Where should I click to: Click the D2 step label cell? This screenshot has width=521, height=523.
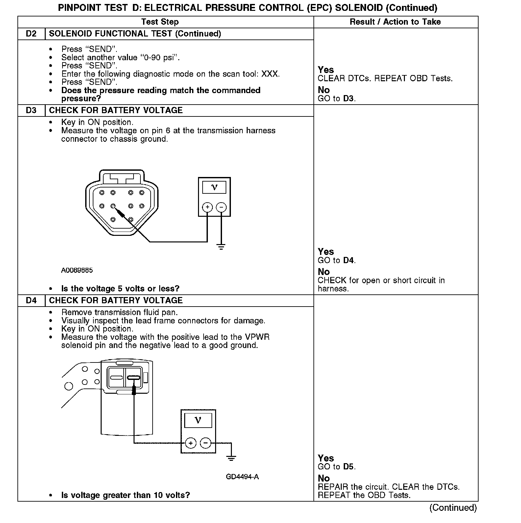point(31,34)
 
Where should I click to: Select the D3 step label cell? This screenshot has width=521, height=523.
point(31,110)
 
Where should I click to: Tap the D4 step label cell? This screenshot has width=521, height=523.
point(31,300)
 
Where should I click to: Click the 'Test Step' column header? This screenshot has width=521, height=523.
point(160,22)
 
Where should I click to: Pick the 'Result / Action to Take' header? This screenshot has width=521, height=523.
point(395,22)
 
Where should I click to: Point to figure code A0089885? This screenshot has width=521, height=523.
point(77,270)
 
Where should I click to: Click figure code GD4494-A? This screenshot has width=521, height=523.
point(242,477)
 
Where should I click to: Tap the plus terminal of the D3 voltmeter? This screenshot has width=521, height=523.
point(207,207)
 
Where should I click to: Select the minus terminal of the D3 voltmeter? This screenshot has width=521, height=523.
point(221,207)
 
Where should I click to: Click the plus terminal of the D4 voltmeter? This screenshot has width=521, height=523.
point(191,443)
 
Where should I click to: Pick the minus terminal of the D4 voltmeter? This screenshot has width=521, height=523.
point(206,443)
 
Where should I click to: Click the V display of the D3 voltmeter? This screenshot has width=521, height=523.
point(214,187)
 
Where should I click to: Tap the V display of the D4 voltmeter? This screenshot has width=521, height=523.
point(198,420)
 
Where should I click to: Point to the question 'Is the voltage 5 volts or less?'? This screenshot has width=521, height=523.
point(120,289)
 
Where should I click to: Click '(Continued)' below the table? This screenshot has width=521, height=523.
point(453,508)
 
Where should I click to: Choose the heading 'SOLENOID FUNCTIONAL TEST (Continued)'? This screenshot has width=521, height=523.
point(135,34)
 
